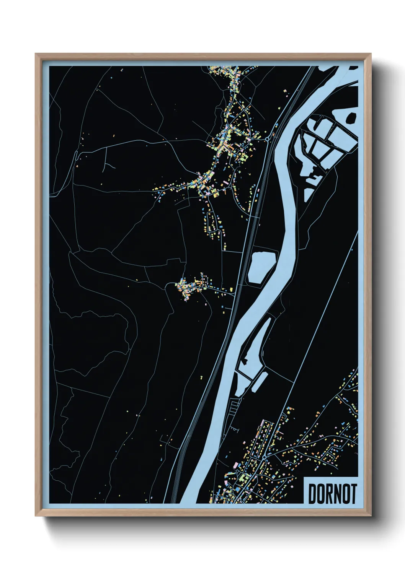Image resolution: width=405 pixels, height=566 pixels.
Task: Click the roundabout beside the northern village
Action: click(267, 139)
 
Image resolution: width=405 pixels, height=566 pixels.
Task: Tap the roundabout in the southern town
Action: click(264, 457)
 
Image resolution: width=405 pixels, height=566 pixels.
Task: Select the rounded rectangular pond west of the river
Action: click(262, 267)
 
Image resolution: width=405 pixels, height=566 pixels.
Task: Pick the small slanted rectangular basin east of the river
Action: click(259, 382)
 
